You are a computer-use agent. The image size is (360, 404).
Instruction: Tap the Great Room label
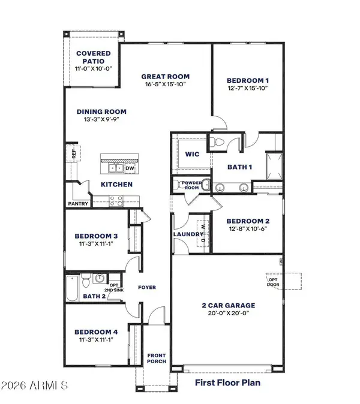click(166, 76)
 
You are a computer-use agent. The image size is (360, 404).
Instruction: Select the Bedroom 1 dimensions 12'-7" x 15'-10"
click(247, 88)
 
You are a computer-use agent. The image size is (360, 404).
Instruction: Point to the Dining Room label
click(101, 111)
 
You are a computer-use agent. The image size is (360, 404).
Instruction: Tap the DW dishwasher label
click(130, 168)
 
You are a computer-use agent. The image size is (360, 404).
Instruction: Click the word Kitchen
click(116, 184)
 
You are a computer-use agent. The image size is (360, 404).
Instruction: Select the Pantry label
click(78, 204)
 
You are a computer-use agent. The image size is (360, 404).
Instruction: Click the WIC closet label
click(191, 154)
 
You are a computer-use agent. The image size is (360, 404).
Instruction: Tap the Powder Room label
click(186, 184)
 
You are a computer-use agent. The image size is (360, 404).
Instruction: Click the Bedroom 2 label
click(247, 220)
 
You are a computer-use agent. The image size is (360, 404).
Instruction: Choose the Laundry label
click(187, 234)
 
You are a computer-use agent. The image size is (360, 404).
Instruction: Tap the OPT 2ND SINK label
click(115, 279)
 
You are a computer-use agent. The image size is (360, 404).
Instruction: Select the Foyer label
click(147, 288)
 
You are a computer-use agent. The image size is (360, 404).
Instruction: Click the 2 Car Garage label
click(228, 304)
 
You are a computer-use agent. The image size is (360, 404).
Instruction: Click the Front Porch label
click(157, 358)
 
